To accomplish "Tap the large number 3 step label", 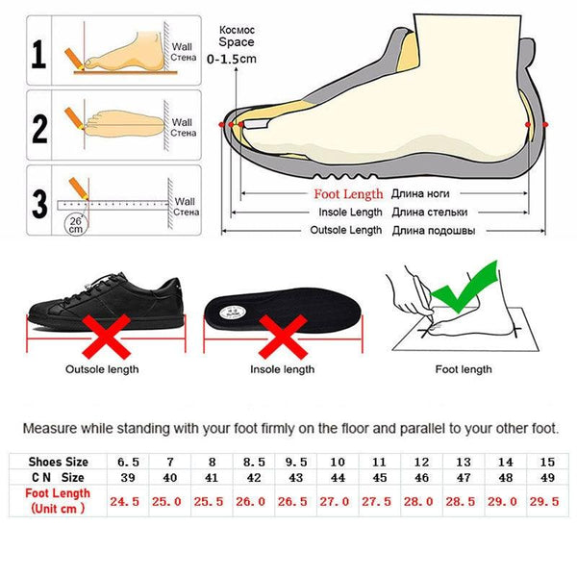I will (39, 203).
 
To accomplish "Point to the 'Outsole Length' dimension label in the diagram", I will (346, 230).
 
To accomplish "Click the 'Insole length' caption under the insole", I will (282, 369).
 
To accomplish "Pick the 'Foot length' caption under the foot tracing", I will (464, 369).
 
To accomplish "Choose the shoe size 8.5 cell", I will (252, 461).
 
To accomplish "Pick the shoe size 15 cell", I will (547, 461).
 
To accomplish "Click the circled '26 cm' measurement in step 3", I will (74, 226).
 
